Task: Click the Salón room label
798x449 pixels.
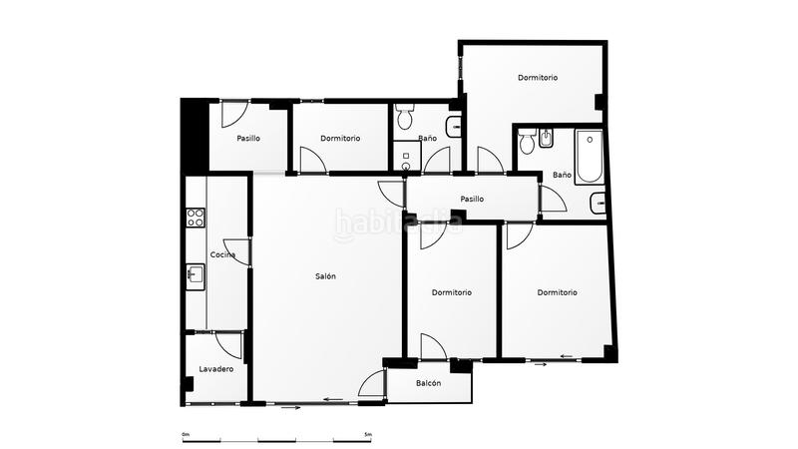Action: click(324, 276)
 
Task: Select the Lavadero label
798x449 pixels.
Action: click(215, 369)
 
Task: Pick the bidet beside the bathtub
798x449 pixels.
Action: click(547, 144)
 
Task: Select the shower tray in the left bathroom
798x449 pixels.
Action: click(407, 158)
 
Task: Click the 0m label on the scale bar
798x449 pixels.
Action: click(186, 435)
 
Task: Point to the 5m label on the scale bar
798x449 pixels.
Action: click(367, 435)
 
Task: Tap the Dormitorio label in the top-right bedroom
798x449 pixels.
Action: click(537, 78)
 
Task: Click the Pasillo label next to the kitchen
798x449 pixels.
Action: click(248, 139)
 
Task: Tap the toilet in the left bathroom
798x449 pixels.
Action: click(405, 121)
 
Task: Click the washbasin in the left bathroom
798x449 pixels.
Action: click(454, 127)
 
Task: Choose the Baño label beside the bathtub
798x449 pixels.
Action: click(562, 175)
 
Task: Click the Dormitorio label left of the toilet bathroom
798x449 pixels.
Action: click(340, 139)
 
